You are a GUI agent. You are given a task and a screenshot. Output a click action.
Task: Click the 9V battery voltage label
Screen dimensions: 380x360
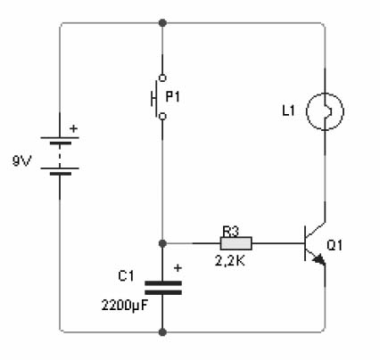(x=22, y=161)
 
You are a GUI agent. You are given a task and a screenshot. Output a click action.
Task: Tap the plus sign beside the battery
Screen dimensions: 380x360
(x=73, y=128)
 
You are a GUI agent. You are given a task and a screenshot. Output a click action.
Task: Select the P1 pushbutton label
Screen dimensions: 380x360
(x=173, y=97)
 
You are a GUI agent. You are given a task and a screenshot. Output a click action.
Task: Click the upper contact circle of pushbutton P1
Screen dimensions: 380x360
(x=162, y=78)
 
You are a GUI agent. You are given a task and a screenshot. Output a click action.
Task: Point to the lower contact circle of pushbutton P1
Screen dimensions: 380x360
(x=162, y=116)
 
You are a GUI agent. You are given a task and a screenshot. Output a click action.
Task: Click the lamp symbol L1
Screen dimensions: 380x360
(x=325, y=111)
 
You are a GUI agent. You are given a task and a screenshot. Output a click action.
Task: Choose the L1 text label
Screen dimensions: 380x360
(x=288, y=110)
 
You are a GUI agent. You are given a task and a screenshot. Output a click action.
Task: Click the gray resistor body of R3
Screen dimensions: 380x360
(x=236, y=243)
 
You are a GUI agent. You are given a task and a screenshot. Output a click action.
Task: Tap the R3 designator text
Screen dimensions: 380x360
(x=231, y=232)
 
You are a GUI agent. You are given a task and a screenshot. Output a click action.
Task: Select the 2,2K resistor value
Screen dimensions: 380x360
(x=230, y=261)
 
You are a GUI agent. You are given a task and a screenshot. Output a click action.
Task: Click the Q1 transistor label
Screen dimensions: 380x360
(x=335, y=245)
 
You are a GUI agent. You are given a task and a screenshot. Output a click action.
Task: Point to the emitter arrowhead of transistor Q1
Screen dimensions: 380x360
(x=318, y=259)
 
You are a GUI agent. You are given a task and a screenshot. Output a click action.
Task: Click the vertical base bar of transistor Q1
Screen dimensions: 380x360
(x=305, y=243)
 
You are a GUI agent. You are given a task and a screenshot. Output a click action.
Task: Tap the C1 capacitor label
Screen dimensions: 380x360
(x=126, y=276)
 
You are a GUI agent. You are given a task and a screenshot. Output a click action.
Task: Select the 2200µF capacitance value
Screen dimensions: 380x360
(x=125, y=306)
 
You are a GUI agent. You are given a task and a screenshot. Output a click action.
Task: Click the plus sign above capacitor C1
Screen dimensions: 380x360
(x=178, y=268)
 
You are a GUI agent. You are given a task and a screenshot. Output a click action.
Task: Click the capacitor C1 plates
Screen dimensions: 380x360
(x=163, y=288)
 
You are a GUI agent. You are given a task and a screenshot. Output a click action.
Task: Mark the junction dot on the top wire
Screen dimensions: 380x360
(x=162, y=22)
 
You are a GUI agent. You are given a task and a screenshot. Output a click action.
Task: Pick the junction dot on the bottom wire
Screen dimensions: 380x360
(x=162, y=332)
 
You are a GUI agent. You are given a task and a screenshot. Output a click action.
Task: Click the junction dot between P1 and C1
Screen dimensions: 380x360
(x=162, y=243)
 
